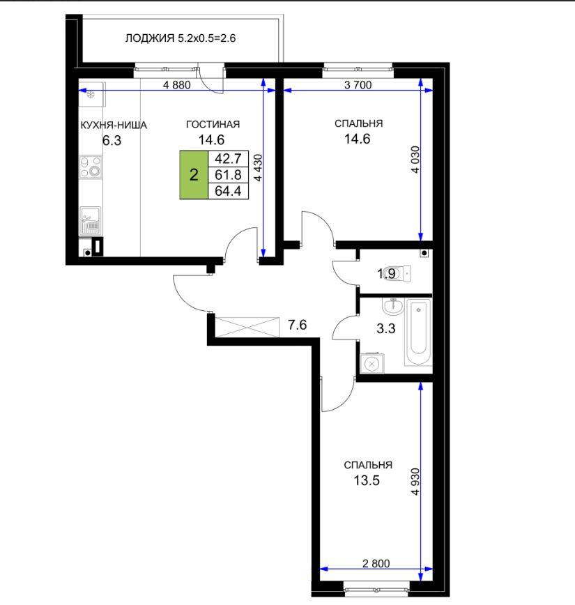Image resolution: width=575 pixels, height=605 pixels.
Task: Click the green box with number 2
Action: (x=194, y=175)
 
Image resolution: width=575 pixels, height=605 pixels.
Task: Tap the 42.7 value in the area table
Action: (x=228, y=159)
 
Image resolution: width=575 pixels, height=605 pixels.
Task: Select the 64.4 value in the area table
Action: (x=228, y=190)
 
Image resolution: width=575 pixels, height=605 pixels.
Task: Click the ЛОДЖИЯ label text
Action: (x=150, y=38)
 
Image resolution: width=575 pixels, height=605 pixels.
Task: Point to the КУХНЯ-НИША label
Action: (x=114, y=125)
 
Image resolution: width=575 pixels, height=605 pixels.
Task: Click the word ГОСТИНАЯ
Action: (x=213, y=124)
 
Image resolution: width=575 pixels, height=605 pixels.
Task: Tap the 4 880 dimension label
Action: (x=177, y=85)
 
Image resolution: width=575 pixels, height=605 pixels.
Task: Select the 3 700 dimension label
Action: (x=358, y=85)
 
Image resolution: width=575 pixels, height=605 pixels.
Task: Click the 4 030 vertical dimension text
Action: (x=415, y=160)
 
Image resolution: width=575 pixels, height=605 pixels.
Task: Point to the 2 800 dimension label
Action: (x=376, y=563)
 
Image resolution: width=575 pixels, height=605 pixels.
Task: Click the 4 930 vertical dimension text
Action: (x=415, y=482)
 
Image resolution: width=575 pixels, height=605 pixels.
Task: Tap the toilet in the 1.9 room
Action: (x=397, y=274)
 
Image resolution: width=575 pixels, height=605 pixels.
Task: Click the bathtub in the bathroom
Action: (x=418, y=332)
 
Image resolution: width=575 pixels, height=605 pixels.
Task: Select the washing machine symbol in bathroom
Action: (x=372, y=363)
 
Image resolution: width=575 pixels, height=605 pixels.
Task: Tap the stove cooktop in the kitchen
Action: (x=91, y=167)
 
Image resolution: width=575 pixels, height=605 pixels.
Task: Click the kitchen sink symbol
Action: (x=91, y=221)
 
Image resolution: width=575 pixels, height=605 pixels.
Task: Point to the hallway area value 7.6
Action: (x=298, y=325)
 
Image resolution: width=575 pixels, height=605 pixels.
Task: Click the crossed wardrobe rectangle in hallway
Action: (x=247, y=327)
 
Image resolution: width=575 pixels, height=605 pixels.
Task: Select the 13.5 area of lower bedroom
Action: (x=367, y=480)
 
